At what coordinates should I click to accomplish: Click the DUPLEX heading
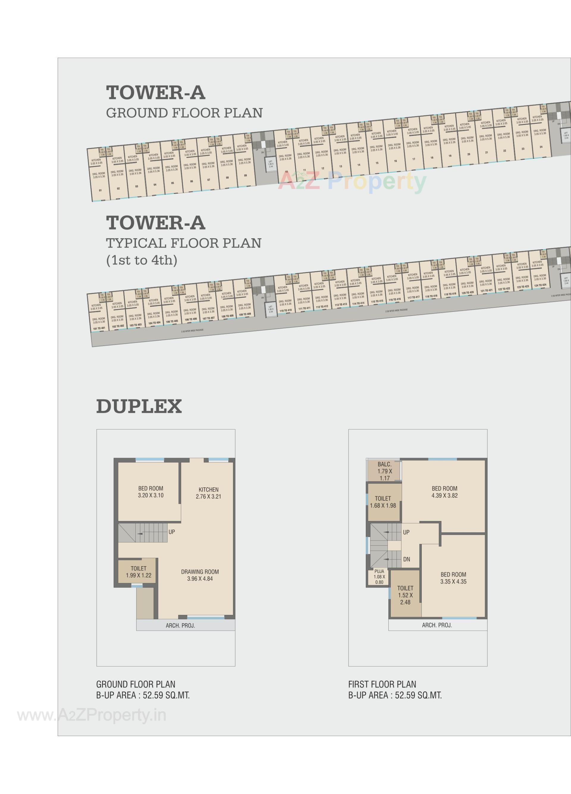pos(139,406)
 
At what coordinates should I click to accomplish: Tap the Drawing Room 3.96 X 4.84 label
pos(200,575)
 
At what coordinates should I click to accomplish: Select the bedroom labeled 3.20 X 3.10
pos(150,492)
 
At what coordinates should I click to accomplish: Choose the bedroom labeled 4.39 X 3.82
pos(444,492)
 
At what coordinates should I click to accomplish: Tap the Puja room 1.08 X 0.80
pos(379,577)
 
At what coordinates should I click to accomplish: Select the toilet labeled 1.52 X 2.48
pos(405,595)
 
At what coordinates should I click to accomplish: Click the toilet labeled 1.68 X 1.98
pos(383,502)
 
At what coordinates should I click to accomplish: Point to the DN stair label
pos(407,559)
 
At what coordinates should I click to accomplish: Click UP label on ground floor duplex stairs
pos(172,532)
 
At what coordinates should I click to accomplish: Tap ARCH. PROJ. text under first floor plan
pos(437,625)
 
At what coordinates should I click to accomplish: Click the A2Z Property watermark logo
pos(352,181)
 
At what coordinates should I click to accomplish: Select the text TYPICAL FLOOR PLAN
pos(184,243)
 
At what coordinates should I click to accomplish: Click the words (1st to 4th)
pos(142,260)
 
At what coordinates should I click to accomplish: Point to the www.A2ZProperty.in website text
pos(92,715)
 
